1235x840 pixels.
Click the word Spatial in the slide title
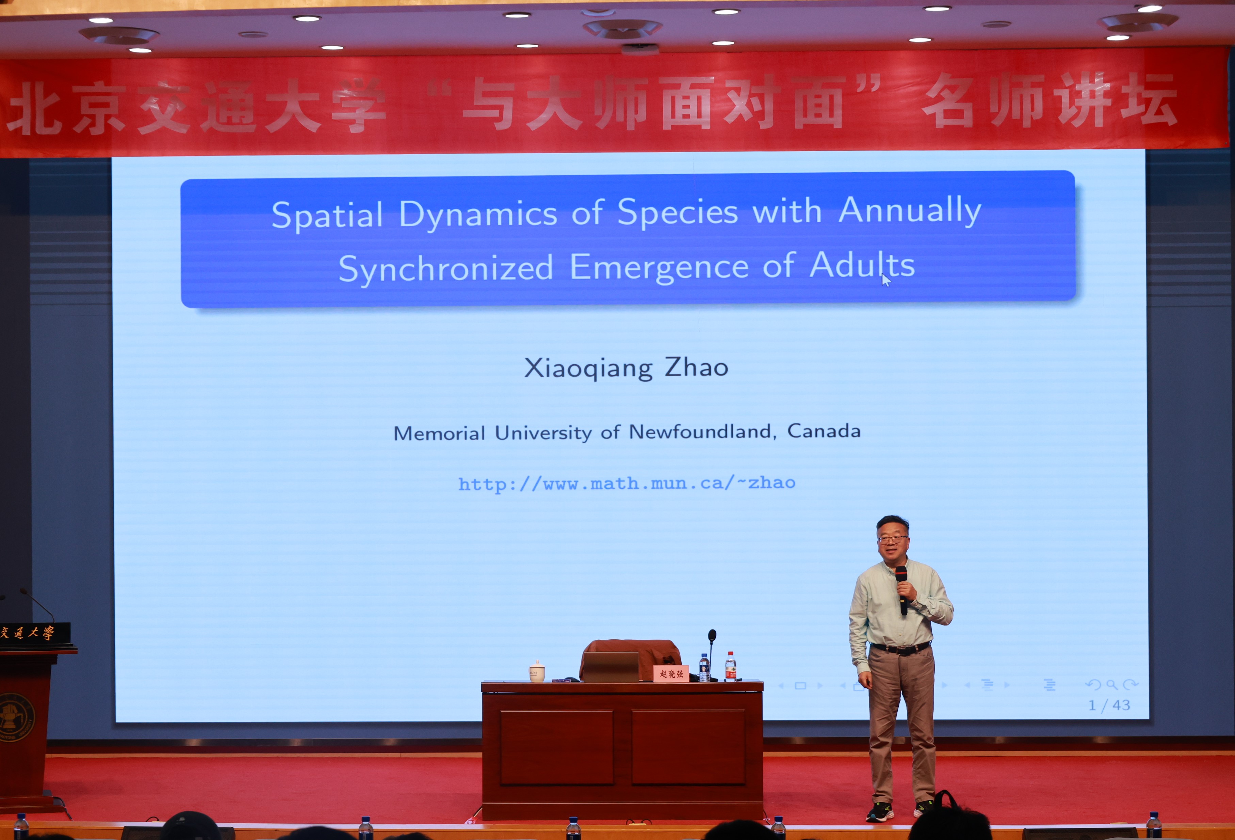327,215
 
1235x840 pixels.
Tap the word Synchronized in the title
445,269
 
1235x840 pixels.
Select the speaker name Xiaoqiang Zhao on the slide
626,368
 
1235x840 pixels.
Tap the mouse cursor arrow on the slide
885,280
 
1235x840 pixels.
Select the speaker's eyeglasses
892,539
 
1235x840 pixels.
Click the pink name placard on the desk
671,673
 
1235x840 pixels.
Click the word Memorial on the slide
439,434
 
